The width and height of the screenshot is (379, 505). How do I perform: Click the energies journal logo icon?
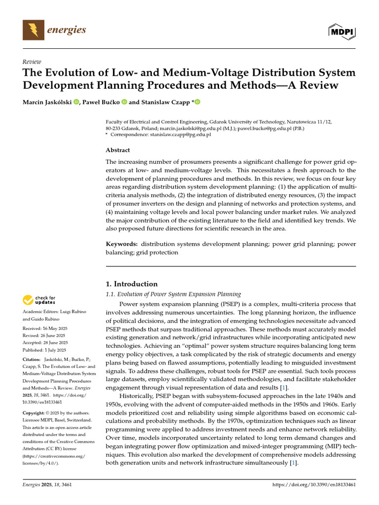tap(33, 31)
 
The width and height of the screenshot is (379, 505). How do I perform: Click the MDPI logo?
tap(342, 31)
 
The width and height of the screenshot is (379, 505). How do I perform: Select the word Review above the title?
tap(32, 62)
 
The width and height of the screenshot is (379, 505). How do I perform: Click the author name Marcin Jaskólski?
tap(47, 102)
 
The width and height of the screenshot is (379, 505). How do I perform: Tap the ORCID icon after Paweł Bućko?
tap(124, 102)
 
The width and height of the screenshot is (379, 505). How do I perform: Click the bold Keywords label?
tap(122, 244)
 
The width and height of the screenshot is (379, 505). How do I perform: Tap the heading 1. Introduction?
tap(132, 284)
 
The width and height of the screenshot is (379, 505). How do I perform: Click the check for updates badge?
tap(38, 299)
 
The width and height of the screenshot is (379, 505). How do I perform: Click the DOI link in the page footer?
tap(314, 485)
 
